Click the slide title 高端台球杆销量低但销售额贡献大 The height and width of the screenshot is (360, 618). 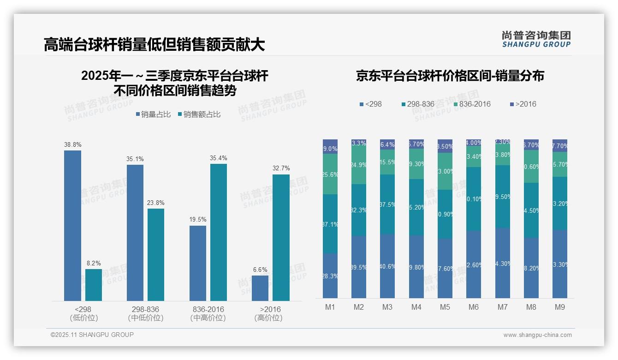154,44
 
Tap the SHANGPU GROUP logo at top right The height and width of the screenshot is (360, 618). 536,39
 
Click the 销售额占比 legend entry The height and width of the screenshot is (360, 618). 199,114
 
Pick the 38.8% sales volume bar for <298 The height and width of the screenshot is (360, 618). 72,226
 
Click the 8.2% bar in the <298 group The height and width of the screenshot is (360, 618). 94,285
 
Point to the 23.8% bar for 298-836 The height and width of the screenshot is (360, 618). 156,255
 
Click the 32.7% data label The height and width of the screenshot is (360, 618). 281,168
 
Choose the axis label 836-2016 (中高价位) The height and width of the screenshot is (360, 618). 208,313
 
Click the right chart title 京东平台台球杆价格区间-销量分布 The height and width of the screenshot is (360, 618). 450,76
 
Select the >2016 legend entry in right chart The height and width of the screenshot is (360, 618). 523,104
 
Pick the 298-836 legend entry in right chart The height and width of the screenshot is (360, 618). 418,104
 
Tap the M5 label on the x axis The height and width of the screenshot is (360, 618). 445,307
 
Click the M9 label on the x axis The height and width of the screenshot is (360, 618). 559,307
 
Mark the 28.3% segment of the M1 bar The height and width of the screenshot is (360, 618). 330,276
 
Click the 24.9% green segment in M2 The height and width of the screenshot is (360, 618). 359,165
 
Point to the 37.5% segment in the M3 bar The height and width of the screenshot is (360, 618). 387,204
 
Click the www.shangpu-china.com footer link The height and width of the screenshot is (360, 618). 537,335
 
